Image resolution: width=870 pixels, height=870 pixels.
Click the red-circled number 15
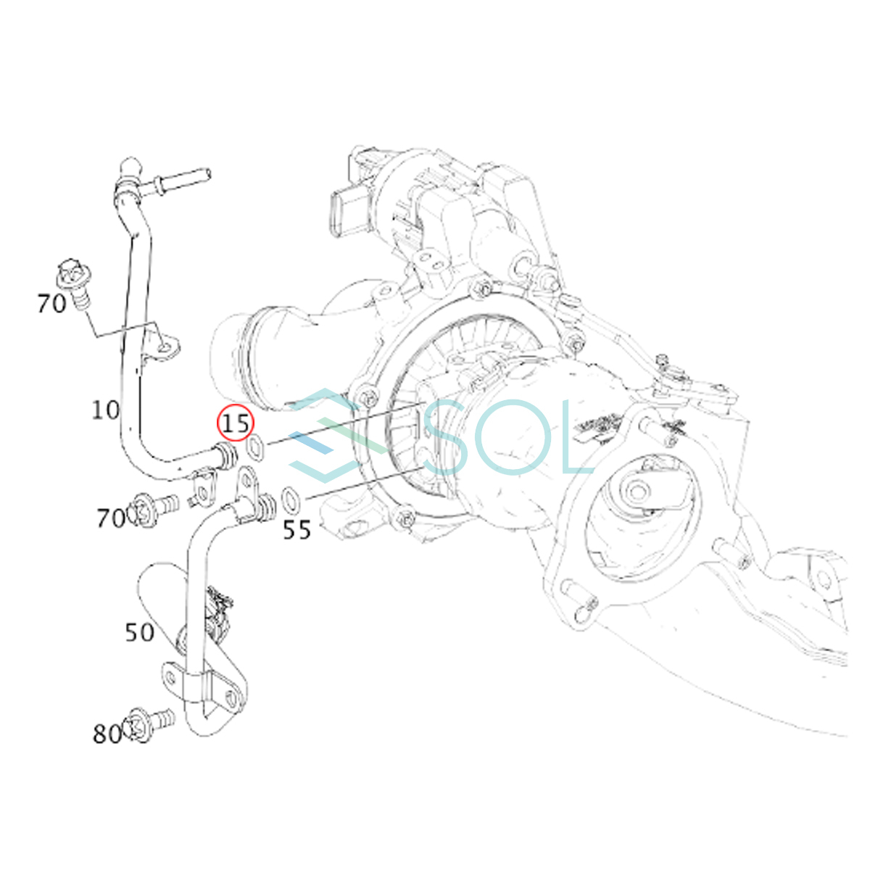[236, 423]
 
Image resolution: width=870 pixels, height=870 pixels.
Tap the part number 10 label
[106, 410]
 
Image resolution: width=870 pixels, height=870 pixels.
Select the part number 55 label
[297, 529]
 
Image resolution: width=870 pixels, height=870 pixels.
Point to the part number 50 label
[139, 632]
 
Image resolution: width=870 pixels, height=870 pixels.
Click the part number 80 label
[107, 734]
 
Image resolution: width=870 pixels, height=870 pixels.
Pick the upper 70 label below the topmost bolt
[51, 303]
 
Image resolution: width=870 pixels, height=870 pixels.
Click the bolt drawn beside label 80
[150, 730]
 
